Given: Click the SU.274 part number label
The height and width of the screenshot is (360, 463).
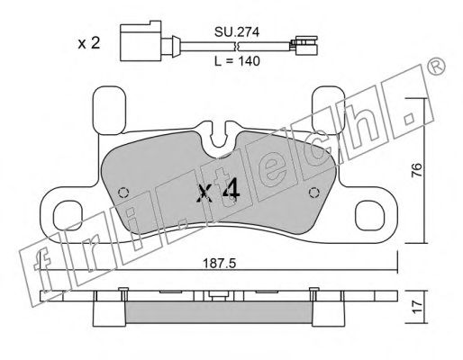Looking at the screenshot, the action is click(x=237, y=31).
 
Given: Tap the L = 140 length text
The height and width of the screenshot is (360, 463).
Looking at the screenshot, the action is click(x=237, y=61).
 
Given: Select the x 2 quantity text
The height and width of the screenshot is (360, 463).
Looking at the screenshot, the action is click(x=88, y=43).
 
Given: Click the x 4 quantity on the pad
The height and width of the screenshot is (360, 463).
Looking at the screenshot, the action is click(x=218, y=191).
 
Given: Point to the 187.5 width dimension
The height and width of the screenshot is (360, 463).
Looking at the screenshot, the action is click(x=220, y=264).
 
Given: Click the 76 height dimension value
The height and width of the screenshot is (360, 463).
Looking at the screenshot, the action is click(x=417, y=170).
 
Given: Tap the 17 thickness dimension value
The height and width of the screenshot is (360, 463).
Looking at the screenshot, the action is click(x=417, y=308).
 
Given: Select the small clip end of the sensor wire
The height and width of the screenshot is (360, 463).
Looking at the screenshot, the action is click(x=306, y=45).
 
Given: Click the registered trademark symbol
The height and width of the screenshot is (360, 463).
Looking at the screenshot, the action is click(x=436, y=67).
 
